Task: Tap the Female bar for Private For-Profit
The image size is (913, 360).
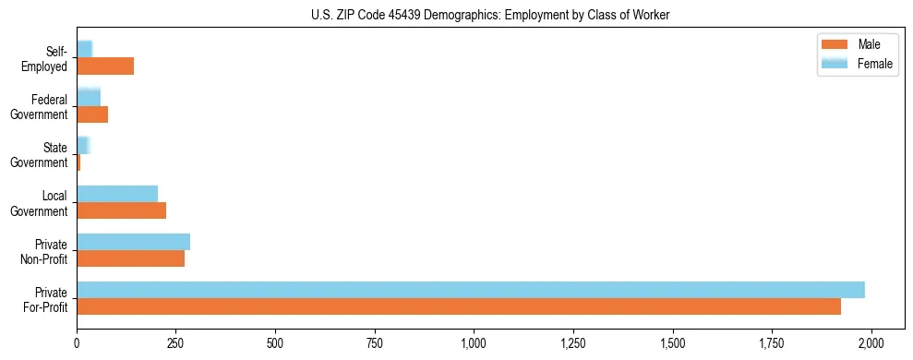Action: (471, 290)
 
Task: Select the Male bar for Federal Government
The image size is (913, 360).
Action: (92, 114)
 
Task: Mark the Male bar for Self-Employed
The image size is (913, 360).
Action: (105, 66)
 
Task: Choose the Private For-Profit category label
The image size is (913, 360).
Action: (45, 299)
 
